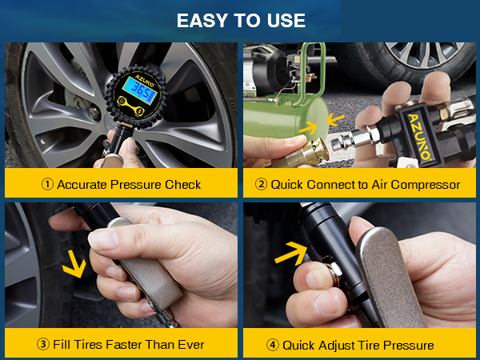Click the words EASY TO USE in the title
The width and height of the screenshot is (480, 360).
[240, 18]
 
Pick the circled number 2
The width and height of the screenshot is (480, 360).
[260, 185]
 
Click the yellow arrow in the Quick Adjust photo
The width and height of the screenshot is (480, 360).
[291, 256]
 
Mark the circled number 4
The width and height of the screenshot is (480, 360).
[272, 345]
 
